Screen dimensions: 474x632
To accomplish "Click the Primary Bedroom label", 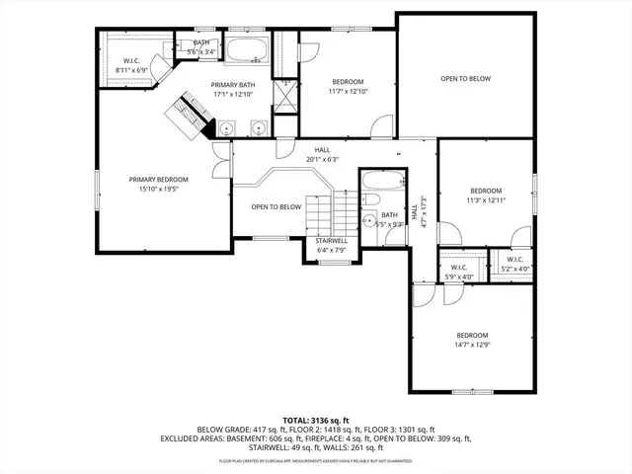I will pos(157,179).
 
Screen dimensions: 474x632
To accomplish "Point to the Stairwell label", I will pos(331,241).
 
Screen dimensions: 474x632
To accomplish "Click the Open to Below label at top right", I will pos(464,79).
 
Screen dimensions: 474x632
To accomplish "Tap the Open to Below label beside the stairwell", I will pos(276,206).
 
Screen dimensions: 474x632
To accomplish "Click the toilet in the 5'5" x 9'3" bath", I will pos(367,219).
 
